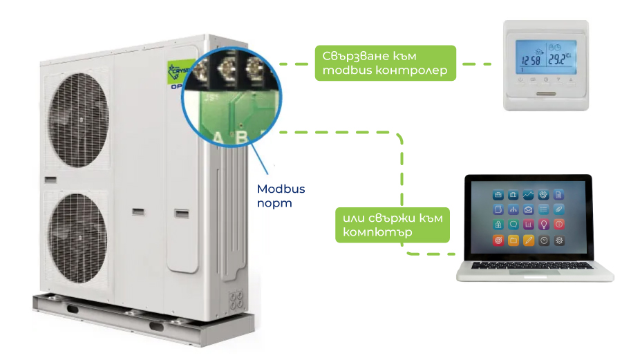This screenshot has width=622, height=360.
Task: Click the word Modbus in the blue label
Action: click(281, 189)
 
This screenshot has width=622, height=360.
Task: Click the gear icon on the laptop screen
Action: click(559, 240)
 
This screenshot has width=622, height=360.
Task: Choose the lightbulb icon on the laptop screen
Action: click(543, 225)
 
